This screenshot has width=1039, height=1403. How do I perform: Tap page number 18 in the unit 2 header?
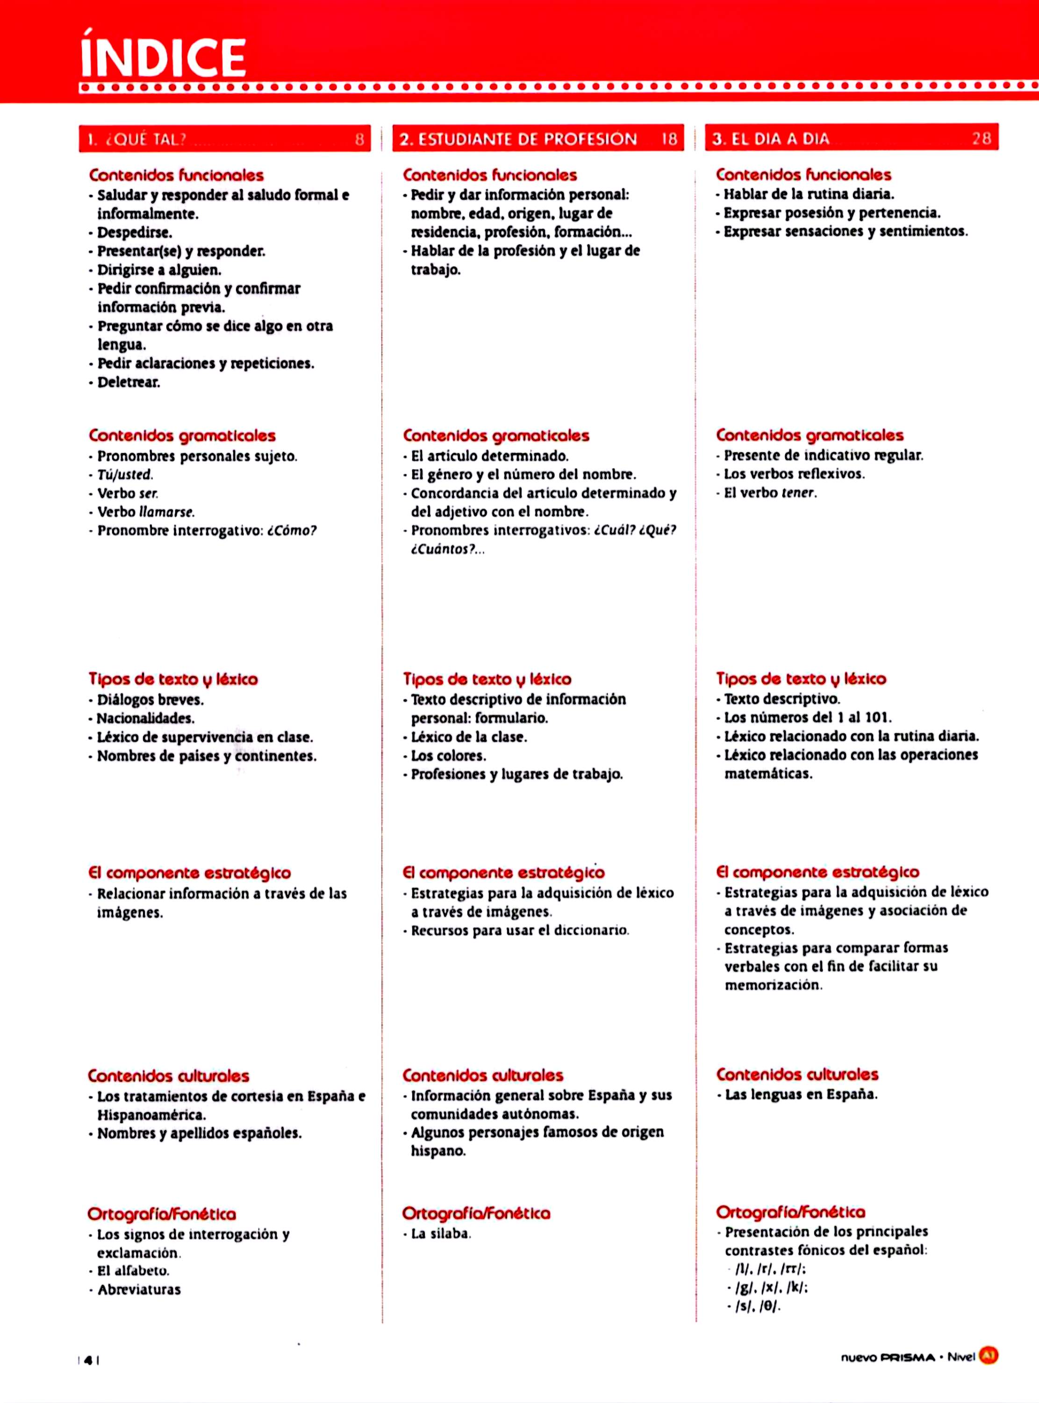[669, 139]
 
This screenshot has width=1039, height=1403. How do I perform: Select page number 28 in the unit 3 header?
[981, 138]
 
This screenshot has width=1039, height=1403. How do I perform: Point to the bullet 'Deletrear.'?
[129, 382]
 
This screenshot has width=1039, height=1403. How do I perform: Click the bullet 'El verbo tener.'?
[770, 492]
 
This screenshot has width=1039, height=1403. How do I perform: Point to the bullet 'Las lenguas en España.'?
[801, 1094]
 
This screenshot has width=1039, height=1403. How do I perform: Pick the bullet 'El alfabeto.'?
[133, 1270]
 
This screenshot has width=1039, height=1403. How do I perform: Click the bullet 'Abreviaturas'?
[138, 1289]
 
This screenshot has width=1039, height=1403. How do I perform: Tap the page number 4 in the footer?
[89, 1360]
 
